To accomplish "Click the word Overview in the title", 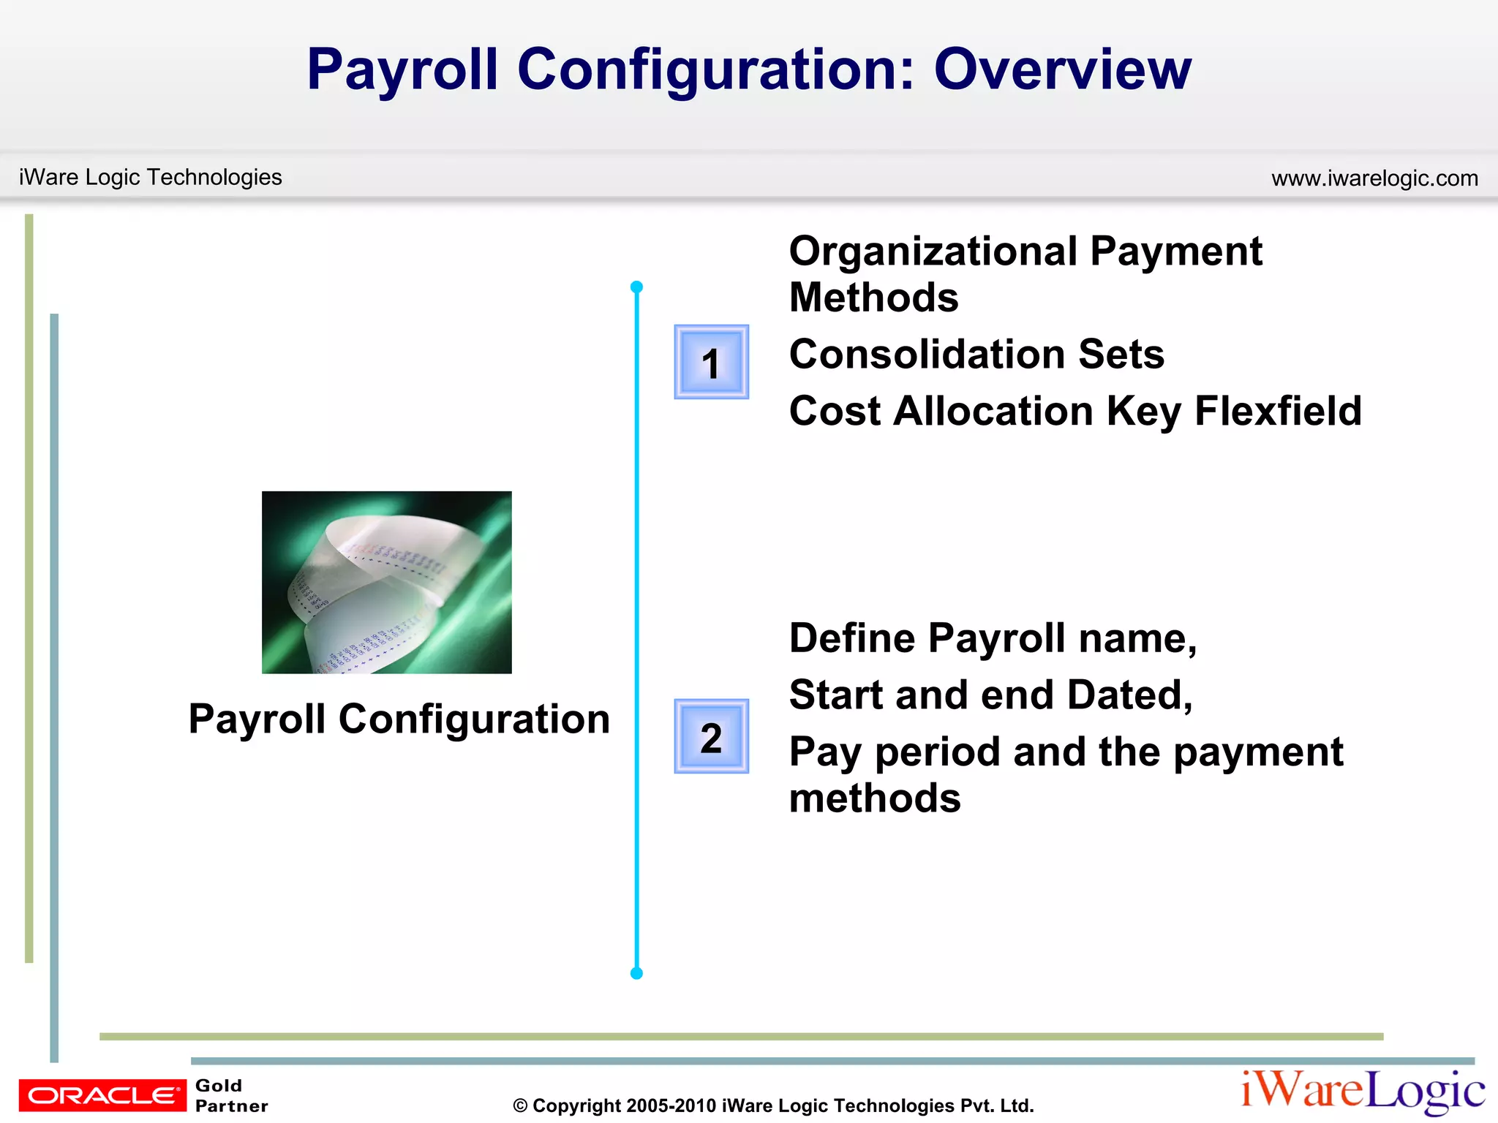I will pos(1062,69).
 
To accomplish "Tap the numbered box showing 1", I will pos(711,362).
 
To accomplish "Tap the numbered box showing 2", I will pos(711,736).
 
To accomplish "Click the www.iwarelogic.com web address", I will pos(1374,178).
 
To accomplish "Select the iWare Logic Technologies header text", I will pos(150,177).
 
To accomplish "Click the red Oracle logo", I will pos(102,1094).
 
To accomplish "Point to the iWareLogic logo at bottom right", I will pos(1363,1092).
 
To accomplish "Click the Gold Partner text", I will pos(230,1095).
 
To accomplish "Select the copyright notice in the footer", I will pos(773,1105).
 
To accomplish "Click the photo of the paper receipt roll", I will pos(386,582).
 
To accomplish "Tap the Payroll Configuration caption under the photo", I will pos(399,719).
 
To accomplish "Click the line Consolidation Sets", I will pos(976,355).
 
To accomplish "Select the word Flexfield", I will pos(1277,411).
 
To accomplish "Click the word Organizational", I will pos(933,252).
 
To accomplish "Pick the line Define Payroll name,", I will pos(993,638).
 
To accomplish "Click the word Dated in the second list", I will pos(1129,695).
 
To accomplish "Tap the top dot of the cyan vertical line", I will pos(636,287).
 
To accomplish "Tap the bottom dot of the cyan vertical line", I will pos(636,973).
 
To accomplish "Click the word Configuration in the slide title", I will pos(715,69).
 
